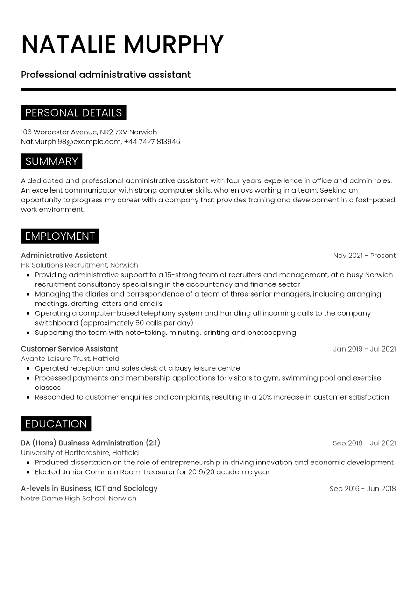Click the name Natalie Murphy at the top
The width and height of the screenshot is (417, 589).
point(122,45)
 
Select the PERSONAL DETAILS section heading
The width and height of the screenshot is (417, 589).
point(73,113)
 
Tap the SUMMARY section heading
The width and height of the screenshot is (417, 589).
point(51,161)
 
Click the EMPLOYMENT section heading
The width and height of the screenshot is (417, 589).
point(60,236)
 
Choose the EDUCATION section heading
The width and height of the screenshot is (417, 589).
point(56,423)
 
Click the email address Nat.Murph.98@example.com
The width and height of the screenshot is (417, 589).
point(71,142)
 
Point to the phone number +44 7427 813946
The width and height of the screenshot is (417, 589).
point(152,142)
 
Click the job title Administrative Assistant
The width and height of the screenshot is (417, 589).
point(64,256)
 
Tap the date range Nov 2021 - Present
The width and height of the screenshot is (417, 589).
point(364,256)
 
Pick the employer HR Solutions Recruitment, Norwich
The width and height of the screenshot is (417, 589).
point(79,265)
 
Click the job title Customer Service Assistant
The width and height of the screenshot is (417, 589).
point(69,349)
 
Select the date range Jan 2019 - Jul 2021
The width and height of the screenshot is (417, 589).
point(364,349)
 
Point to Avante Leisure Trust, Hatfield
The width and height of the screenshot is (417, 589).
point(70,359)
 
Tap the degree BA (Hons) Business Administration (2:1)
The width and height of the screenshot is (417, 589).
point(91,443)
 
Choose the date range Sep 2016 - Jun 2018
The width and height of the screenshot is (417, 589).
point(362,489)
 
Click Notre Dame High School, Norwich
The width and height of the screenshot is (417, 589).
point(78,499)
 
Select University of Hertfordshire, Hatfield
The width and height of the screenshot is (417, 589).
point(80,453)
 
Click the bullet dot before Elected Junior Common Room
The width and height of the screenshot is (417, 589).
point(28,472)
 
